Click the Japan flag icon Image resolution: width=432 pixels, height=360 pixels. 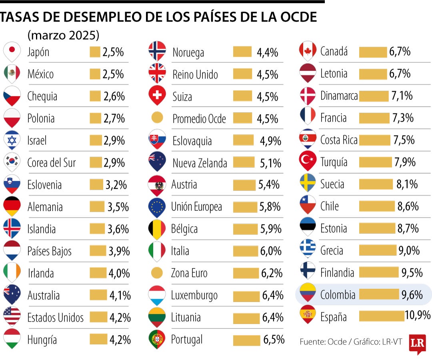[x=12, y=50]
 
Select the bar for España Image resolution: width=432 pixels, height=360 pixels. [x=381, y=316]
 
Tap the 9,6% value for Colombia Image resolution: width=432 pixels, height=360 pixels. [x=412, y=295]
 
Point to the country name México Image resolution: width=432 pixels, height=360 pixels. [x=40, y=74]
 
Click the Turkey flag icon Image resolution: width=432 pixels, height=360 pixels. [x=308, y=161]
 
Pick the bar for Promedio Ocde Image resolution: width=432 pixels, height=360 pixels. [x=242, y=118]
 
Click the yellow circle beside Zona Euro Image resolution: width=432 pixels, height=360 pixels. [x=157, y=273]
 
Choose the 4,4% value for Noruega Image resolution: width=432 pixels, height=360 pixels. [x=267, y=52]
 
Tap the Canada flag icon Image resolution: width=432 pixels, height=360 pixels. [x=308, y=50]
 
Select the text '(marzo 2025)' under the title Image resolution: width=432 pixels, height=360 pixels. [x=63, y=35]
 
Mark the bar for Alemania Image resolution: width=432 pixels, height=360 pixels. [x=97, y=206]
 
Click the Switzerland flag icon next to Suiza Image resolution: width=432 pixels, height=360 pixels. [x=157, y=95]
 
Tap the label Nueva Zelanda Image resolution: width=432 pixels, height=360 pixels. [x=200, y=163]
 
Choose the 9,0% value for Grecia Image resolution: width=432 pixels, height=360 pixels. [x=408, y=250]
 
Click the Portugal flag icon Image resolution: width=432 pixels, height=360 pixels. [x=157, y=339]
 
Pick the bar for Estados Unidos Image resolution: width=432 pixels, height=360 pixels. [x=98, y=317]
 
